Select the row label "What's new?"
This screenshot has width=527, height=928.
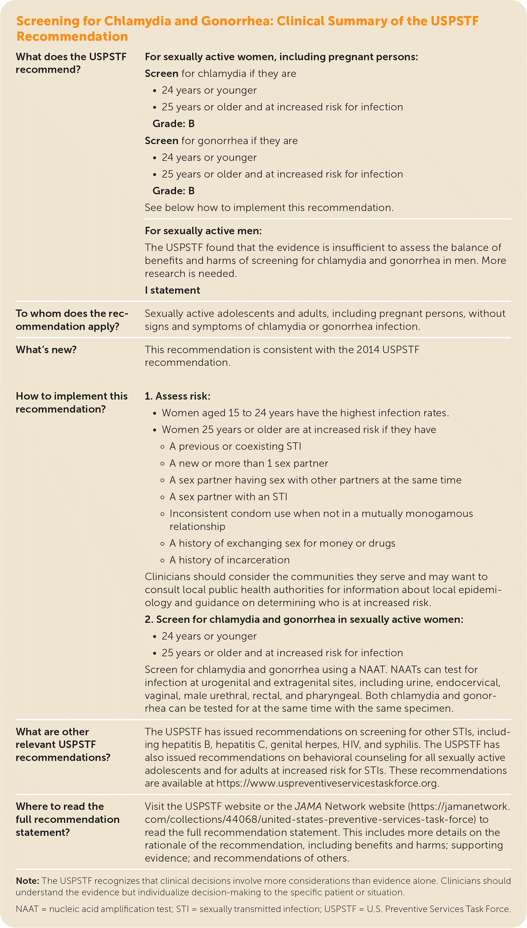coord(46,350)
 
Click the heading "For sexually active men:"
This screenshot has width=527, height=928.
coord(203,231)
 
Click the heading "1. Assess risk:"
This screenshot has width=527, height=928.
coord(177,396)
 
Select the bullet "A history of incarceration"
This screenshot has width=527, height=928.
coord(229,560)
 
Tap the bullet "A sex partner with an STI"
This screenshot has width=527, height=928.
coord(229,497)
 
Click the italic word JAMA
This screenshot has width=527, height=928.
coord(308,806)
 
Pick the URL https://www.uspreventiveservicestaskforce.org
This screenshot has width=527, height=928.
coord(327,783)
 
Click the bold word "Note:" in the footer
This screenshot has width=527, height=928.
coord(28,881)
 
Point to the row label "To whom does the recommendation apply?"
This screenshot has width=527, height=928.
coord(72,320)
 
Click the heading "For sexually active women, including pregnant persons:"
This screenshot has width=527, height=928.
coord(281,57)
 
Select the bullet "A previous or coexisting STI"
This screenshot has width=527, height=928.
coord(235,446)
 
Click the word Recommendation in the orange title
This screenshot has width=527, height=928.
coord(72,37)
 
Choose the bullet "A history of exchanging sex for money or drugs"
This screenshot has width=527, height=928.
coord(282,543)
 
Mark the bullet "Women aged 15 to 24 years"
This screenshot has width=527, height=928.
coord(305,413)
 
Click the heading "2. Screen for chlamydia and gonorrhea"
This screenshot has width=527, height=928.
coord(304,619)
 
